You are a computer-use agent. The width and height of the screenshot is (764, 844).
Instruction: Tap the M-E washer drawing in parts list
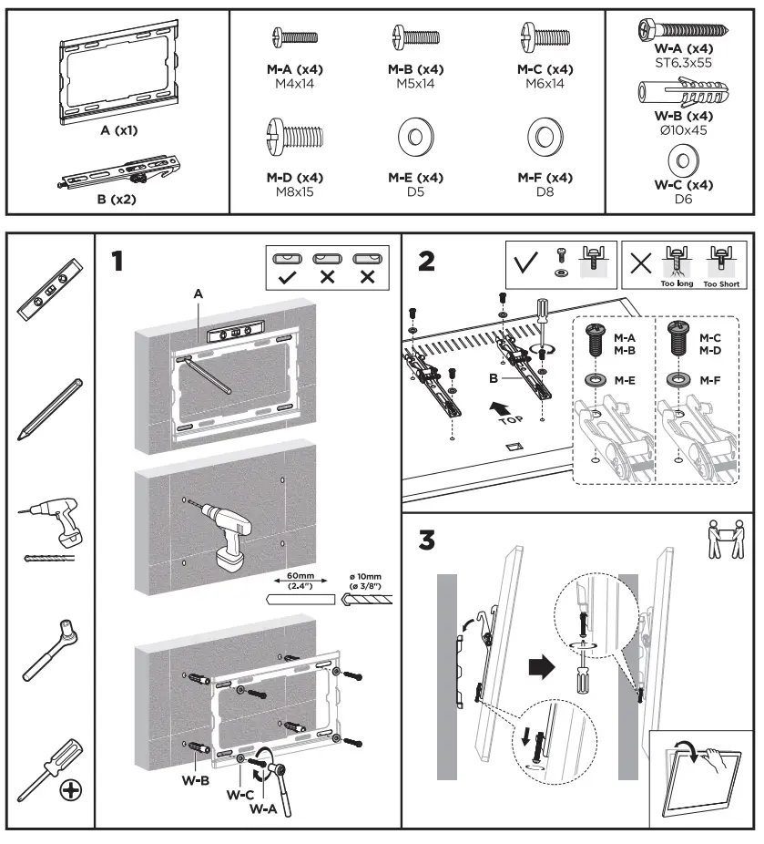415,139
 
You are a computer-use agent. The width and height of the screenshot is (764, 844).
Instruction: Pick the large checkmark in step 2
525,263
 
